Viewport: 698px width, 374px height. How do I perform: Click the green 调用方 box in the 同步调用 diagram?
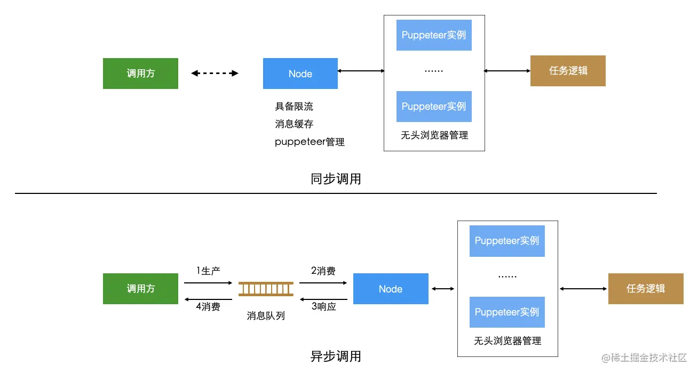tap(140, 74)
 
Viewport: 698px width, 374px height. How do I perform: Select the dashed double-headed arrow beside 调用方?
tap(215, 74)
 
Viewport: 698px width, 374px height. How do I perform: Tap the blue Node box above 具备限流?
tap(300, 74)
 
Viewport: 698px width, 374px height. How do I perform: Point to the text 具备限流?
tap(294, 107)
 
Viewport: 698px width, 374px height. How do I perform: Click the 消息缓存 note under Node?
tap(294, 124)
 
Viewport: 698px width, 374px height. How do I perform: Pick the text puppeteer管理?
tap(310, 142)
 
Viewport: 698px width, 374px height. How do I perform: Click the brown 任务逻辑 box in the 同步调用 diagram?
tap(568, 71)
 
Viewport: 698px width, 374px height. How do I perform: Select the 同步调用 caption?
tap(336, 179)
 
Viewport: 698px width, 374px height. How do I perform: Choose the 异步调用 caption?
tap(336, 356)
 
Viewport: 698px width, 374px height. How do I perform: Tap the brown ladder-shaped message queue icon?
tap(266, 289)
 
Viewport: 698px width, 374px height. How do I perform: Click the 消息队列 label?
tap(266, 316)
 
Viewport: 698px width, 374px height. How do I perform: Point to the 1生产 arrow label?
tap(208, 271)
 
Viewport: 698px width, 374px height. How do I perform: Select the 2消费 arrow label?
tap(323, 271)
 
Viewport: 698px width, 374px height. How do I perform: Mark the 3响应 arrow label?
tap(323, 306)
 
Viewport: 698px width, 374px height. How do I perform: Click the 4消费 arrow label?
tap(208, 306)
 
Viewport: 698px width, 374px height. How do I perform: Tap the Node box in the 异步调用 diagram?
tap(391, 289)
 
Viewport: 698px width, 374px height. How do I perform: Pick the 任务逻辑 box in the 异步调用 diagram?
tap(646, 289)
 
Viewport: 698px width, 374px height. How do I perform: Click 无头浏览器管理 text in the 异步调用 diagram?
tap(507, 341)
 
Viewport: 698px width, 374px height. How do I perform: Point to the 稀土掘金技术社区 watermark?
tap(644, 358)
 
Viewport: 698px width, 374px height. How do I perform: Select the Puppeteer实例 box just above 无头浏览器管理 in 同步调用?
tap(434, 107)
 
